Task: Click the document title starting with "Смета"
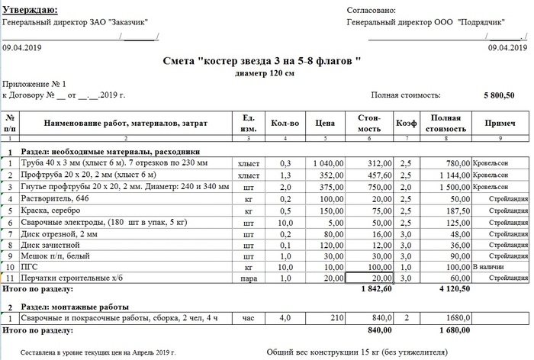[262, 61]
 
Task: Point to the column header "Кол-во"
[284, 122]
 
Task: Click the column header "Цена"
[326, 122]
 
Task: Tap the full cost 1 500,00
[450, 187]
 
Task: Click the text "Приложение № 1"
[35, 84]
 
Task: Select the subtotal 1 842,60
[375, 291]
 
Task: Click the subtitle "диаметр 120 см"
[262, 73]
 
